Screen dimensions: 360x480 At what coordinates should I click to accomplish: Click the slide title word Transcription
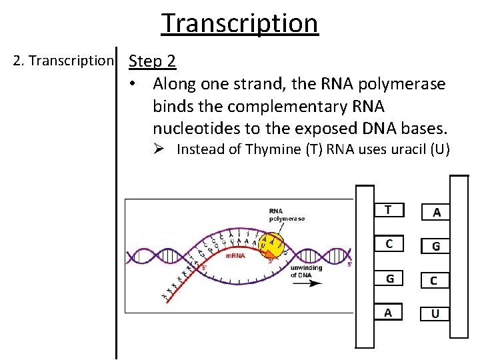240,23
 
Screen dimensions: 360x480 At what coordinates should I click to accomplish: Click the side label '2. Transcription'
63,61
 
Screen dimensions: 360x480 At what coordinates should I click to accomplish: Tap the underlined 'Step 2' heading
152,61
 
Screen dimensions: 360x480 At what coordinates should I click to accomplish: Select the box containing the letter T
389,210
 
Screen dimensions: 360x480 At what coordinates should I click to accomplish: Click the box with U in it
435,313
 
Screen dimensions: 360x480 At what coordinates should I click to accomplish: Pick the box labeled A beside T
435,212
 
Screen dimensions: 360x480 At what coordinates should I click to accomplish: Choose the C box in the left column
389,243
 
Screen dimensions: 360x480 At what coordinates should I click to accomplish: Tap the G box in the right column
435,245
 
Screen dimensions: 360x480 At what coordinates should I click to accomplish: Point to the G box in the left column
389,278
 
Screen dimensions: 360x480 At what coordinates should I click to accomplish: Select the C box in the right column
434,280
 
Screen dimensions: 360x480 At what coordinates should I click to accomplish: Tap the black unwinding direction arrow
306,283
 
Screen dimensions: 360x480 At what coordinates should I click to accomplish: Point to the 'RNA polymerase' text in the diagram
287,215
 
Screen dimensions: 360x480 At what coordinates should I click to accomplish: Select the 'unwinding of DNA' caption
306,271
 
